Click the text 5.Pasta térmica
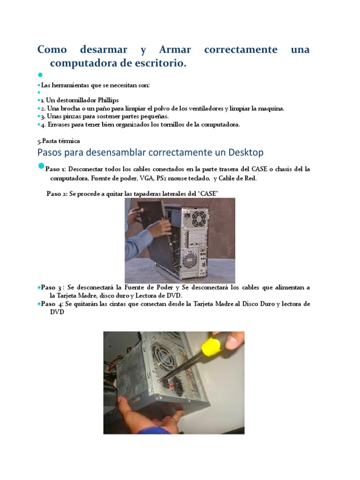[59, 141]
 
